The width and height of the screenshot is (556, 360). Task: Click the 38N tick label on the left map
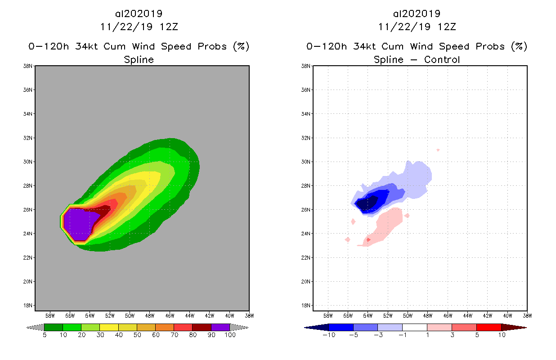[x=27, y=66]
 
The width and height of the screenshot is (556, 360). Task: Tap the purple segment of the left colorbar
[x=220, y=327]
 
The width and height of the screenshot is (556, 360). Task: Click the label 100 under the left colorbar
[x=230, y=335]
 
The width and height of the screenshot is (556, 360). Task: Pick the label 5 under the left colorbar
[x=45, y=335]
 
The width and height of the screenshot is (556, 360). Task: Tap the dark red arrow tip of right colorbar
[x=513, y=327]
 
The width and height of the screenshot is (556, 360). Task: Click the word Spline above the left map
[x=139, y=59]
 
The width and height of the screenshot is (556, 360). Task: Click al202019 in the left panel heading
[x=139, y=14]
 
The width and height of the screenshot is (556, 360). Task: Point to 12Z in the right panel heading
[x=447, y=27]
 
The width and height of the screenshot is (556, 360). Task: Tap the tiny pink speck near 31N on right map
[x=438, y=150]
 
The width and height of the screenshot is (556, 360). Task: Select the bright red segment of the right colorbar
[x=489, y=327]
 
